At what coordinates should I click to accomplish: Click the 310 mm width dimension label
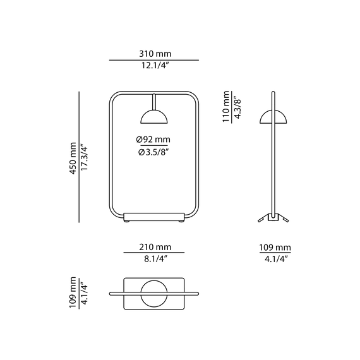pos(155,54)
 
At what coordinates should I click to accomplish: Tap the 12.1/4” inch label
pos(155,66)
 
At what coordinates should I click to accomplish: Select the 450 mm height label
pos(73,158)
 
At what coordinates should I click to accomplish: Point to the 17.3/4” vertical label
pos(84,158)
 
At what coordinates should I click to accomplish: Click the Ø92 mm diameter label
pos(153,140)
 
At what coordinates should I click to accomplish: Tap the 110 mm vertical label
pos(226,107)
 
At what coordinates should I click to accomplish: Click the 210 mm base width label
pos(155,247)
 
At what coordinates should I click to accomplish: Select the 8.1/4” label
pos(155,259)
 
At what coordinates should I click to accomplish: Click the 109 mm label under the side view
pos(275,248)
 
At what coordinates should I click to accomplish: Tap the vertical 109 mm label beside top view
pos(73,292)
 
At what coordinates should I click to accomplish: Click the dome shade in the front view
pos(154,117)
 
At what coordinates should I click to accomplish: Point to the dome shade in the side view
pos(273,117)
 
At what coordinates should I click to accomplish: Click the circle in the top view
pos(154,294)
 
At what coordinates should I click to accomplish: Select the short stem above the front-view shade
pos(154,102)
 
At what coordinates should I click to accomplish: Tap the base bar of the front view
pos(154,217)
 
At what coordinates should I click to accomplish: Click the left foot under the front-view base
pos(126,222)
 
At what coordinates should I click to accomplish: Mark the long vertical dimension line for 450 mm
pos(79,157)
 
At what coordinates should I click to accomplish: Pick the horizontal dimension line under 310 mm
pos(154,60)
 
